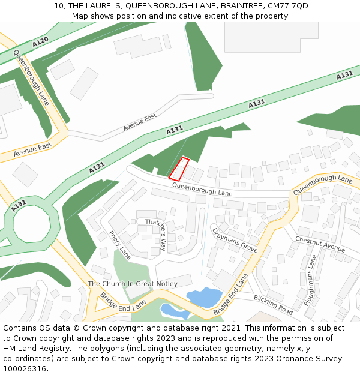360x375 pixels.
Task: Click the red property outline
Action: tap(179, 169)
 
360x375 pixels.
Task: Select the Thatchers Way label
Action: tap(156, 234)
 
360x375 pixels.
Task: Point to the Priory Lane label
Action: tap(119, 245)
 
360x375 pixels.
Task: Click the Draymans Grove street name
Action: tap(235, 239)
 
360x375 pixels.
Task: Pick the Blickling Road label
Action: tap(273, 305)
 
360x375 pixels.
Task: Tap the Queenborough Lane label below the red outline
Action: tap(202, 190)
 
